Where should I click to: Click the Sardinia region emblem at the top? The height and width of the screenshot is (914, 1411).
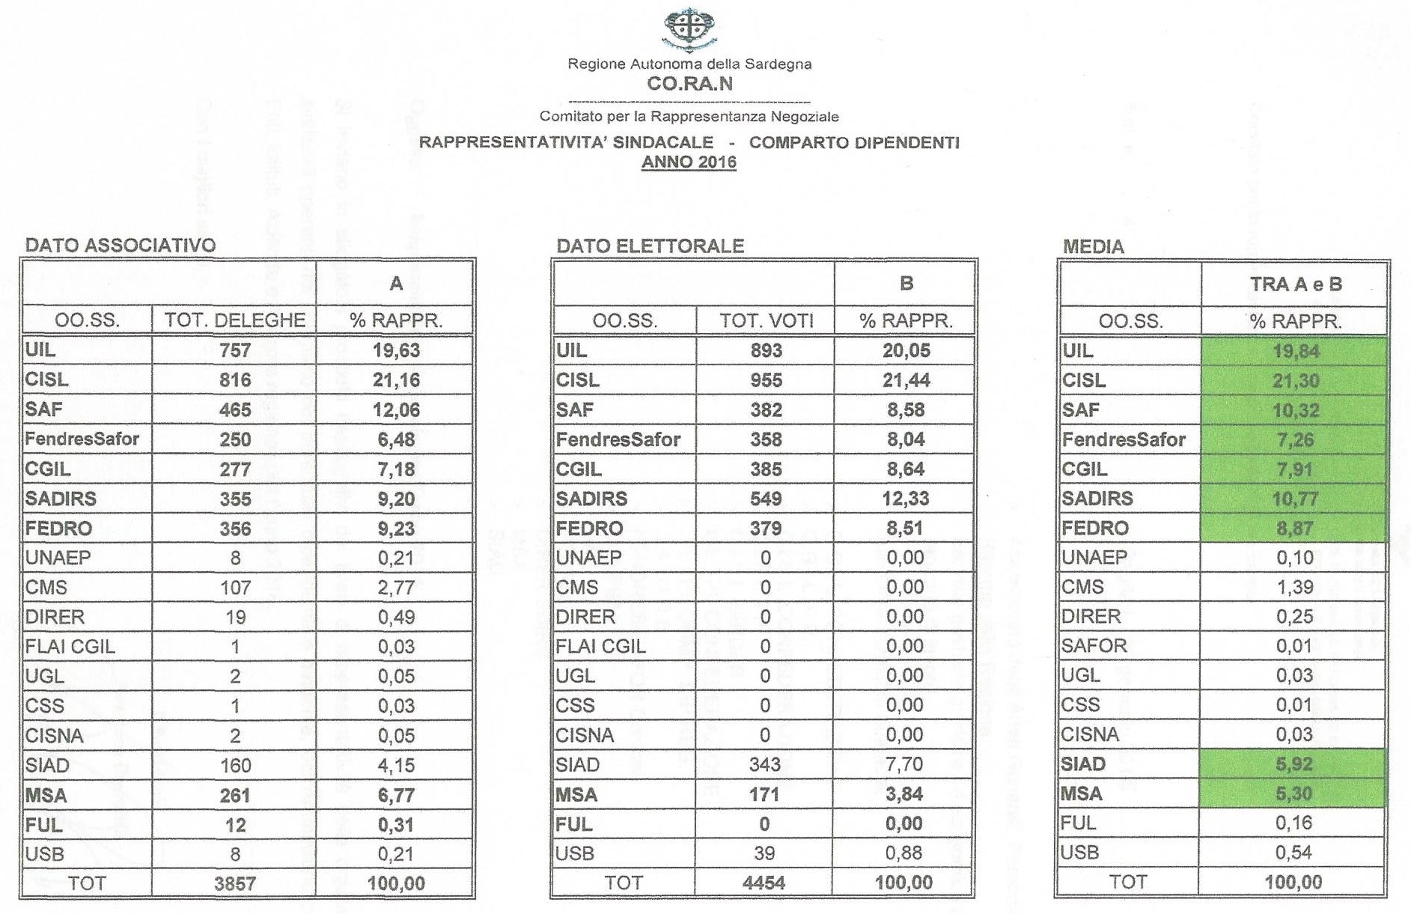(x=689, y=28)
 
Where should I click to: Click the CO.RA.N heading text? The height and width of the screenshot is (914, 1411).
(x=689, y=84)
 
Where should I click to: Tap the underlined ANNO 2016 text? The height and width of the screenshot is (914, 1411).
(x=689, y=162)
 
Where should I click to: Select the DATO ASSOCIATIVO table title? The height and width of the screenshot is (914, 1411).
(x=121, y=246)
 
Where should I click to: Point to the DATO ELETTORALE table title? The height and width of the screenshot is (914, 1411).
(x=650, y=246)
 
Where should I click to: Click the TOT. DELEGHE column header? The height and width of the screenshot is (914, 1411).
(x=235, y=320)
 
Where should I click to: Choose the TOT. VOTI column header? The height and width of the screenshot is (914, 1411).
(x=766, y=321)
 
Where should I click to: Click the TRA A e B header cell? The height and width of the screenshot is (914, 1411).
(x=1295, y=284)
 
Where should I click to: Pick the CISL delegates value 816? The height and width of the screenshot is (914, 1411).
(x=235, y=380)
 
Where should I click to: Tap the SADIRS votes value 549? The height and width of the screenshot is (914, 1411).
(x=766, y=499)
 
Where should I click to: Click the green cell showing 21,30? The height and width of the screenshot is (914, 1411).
(x=1295, y=381)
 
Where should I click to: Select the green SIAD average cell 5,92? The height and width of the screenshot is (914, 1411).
(x=1294, y=764)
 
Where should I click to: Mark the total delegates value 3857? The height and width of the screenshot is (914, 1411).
(x=235, y=883)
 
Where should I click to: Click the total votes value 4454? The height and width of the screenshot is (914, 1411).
(x=764, y=883)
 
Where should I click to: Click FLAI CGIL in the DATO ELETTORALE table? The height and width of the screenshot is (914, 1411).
(x=600, y=646)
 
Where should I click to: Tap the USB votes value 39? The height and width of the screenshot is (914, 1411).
(x=764, y=853)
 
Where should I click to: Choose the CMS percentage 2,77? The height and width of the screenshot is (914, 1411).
(x=396, y=588)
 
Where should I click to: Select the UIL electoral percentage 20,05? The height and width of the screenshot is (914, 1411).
(x=906, y=350)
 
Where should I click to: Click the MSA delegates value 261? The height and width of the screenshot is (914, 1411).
(x=235, y=795)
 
